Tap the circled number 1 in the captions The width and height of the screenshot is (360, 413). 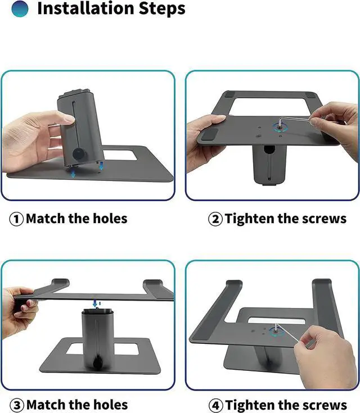[16, 219]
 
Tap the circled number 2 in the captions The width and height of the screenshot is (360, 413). [215, 219]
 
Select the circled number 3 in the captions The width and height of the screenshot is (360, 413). [17, 405]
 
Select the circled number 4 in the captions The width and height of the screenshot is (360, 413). [216, 405]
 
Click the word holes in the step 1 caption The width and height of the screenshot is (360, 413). [109, 218]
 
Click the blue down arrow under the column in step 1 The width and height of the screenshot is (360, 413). [74, 174]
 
